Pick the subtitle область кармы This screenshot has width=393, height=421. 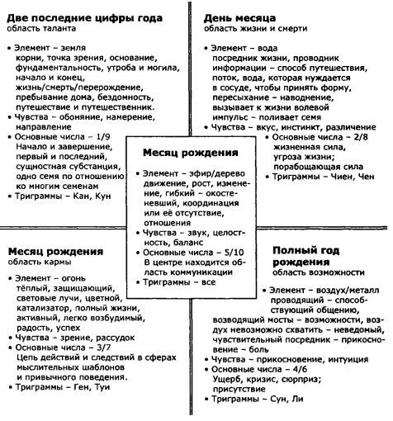40,263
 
